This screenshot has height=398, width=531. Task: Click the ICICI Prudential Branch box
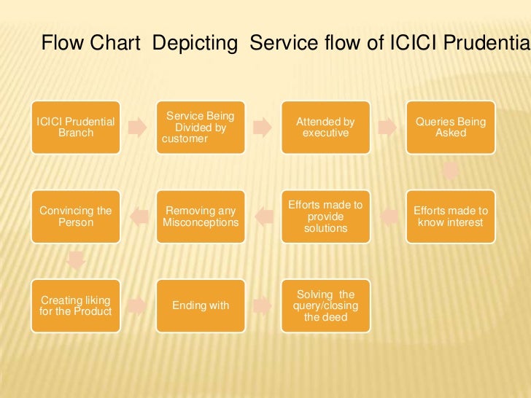coord(76,128)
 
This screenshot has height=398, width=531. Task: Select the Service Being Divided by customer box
coord(200,128)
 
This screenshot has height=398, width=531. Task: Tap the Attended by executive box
coord(325,128)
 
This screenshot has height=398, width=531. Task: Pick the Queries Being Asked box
coord(450,128)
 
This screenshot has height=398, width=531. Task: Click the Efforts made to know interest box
coord(450,216)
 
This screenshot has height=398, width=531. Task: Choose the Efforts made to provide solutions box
coord(325,216)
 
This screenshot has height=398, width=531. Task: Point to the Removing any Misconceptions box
coord(200,216)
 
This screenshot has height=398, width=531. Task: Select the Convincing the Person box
coord(76,216)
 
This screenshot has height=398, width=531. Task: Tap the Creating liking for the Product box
coord(76,305)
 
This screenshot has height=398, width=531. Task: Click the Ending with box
coord(200,305)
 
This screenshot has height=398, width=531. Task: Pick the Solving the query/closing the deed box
coord(325,305)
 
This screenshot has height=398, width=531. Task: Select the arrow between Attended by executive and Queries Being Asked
coord(387,128)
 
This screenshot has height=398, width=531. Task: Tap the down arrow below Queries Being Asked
coord(451,172)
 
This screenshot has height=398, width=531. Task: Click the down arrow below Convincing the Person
coord(76,261)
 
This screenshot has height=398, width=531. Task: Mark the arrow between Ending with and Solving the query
coord(262,303)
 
